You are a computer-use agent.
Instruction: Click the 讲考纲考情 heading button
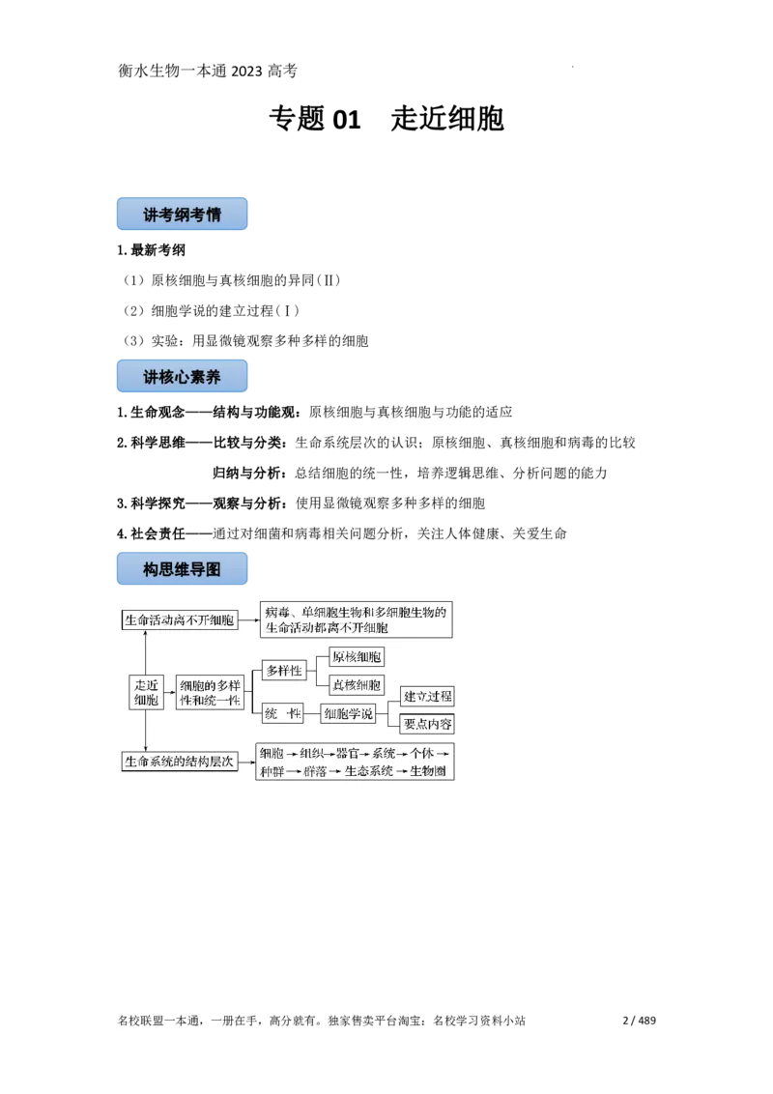184,215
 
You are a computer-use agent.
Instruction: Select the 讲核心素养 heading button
184,377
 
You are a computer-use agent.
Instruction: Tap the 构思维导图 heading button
184,569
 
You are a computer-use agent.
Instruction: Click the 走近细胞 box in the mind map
145,692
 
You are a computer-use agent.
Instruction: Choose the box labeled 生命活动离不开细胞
180,620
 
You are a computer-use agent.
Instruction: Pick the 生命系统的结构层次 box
180,762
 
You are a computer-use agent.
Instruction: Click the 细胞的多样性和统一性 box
211,692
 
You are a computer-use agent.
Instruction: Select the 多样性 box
284,671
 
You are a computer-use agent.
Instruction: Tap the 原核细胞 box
357,657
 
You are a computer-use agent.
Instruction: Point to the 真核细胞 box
357,685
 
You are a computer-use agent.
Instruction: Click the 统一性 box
284,713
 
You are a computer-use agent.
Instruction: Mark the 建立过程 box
428,696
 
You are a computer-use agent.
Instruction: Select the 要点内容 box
428,725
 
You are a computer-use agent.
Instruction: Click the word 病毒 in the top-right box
278,612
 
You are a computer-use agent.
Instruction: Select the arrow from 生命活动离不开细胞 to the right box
248,620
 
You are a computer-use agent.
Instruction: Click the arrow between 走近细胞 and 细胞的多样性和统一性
170,692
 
